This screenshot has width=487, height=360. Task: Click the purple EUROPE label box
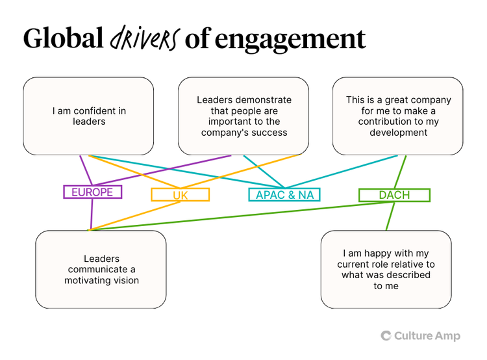coord(93,192)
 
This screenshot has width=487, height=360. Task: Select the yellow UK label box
coord(181,194)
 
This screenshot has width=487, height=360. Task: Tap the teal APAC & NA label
coord(284,194)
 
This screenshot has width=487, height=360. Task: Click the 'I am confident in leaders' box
coord(88,116)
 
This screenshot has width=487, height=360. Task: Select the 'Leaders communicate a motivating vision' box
coord(101,269)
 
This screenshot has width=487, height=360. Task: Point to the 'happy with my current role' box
coord(386,269)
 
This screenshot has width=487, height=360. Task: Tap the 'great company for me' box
coord(398,116)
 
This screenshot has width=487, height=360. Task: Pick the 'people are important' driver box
coord(243,116)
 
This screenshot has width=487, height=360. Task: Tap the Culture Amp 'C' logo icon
coord(386,335)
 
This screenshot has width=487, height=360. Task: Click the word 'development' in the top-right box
coord(398,133)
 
